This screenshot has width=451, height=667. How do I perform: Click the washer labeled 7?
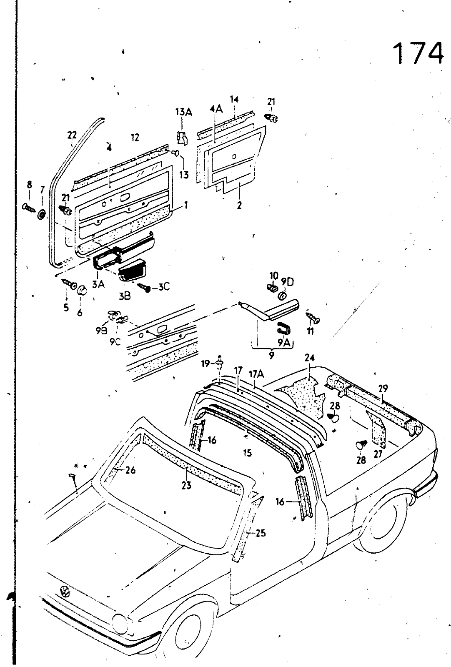(x=42, y=215)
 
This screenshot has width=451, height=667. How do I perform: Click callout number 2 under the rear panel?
(x=239, y=205)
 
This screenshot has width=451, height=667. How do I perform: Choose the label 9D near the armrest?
(x=287, y=282)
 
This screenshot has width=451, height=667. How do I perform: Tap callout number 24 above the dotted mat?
(x=309, y=358)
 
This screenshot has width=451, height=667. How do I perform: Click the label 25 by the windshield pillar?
(x=261, y=533)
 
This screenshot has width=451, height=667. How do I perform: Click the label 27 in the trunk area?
(x=378, y=454)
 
